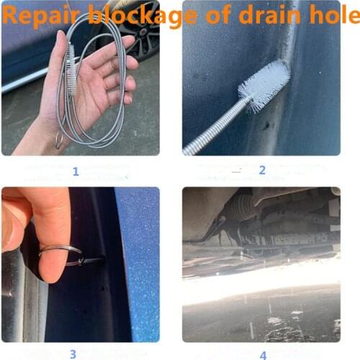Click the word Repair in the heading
coord(42,16)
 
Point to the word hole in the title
coord(333,15)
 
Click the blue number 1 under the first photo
coord(76,171)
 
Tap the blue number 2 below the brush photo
coord(261,171)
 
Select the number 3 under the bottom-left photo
coord(73,354)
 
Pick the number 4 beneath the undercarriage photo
coord(263,354)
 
